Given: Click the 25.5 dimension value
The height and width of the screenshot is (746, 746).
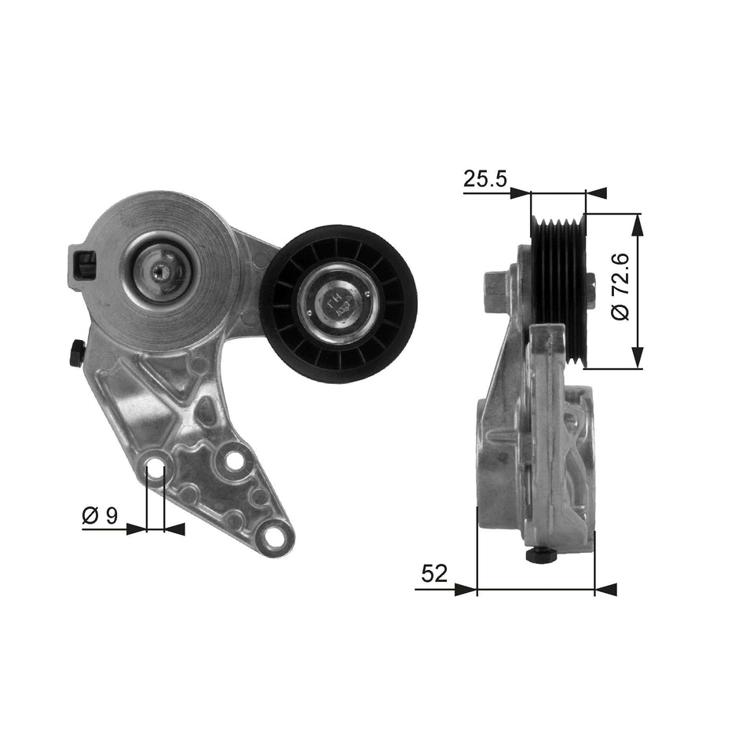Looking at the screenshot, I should click(485, 179).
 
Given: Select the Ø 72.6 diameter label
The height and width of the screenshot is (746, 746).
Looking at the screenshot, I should click(620, 290).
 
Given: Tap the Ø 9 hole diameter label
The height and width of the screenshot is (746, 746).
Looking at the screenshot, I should click(100, 515).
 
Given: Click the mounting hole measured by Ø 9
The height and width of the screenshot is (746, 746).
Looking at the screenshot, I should click(155, 471).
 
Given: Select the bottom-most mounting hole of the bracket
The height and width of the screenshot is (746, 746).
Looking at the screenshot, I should click(273, 537).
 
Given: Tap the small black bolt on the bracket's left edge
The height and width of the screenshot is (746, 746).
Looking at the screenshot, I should click(77, 352).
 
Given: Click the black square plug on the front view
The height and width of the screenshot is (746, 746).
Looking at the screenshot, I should click(82, 265).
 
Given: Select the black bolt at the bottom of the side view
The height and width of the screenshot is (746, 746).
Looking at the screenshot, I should click(540, 555).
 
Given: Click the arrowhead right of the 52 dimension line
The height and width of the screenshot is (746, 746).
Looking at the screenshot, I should click(605, 589).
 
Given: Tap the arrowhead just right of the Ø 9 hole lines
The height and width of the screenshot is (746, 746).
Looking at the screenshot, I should click(174, 529).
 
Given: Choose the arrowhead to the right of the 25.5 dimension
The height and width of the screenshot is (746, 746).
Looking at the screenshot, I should click(597, 193).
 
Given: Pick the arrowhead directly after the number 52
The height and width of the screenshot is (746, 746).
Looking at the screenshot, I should click(466, 589).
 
